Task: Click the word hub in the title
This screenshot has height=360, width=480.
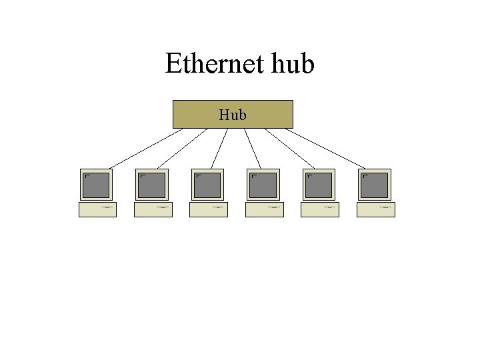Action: pyautogui.click(x=290, y=65)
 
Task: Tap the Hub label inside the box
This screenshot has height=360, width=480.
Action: pyautogui.click(x=233, y=115)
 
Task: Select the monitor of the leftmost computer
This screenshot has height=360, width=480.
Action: pyautogui.click(x=97, y=185)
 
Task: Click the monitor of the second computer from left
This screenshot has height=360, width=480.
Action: pyautogui.click(x=153, y=185)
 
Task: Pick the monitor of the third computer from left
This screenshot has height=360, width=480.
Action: pyautogui.click(x=208, y=185)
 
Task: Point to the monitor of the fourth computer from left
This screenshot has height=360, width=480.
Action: pyautogui.click(x=264, y=185)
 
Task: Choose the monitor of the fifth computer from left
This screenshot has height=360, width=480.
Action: pyautogui.click(x=319, y=185)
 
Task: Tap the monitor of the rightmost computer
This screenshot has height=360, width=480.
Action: pyautogui.click(x=375, y=185)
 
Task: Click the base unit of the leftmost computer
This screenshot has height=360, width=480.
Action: pyautogui.click(x=97, y=210)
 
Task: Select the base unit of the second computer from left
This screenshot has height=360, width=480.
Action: pyautogui.click(x=153, y=210)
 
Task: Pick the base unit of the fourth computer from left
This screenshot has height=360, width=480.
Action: pyautogui.click(x=264, y=210)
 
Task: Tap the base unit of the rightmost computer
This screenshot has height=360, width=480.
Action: pyautogui.click(x=375, y=210)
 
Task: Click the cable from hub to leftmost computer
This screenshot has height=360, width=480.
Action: pyautogui.click(x=145, y=147)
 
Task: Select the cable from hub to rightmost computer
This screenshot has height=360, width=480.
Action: pyautogui.click(x=327, y=147)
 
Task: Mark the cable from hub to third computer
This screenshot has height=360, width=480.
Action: pyautogui.click(x=219, y=147)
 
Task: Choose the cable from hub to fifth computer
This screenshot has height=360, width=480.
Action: pyautogui.click(x=290, y=147)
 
